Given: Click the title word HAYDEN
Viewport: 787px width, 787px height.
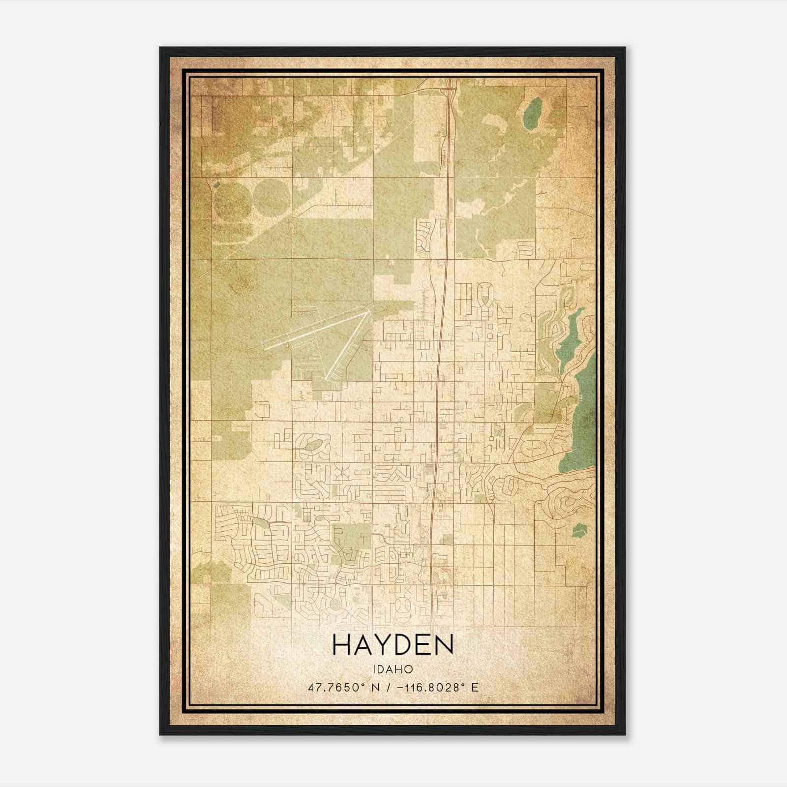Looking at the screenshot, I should point(393,645).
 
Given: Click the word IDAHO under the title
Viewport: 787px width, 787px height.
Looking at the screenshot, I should point(393,669).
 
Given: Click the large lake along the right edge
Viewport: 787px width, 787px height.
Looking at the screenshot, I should point(582,418).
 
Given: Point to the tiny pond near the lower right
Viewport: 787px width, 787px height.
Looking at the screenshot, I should point(579,530).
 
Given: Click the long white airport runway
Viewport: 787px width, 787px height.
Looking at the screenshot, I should point(315,330).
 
